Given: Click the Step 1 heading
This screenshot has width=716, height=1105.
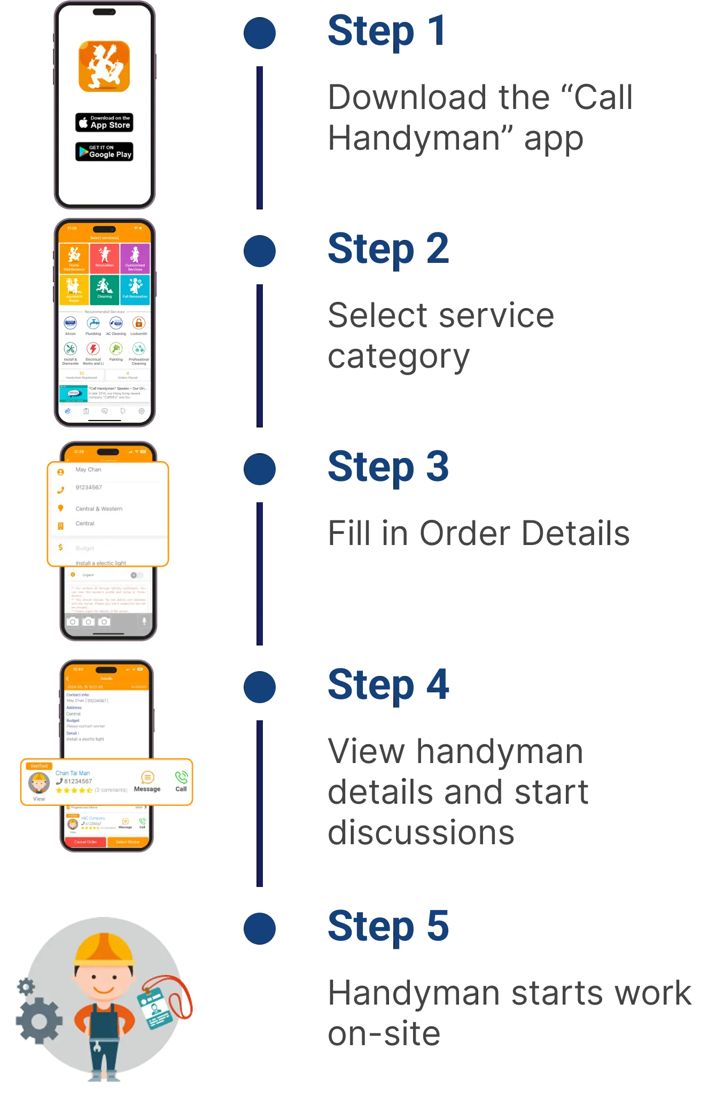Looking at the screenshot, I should pyautogui.click(x=386, y=32).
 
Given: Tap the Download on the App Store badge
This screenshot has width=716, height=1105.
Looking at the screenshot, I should pyautogui.click(x=104, y=122).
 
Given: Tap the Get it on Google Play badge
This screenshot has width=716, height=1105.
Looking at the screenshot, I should pyautogui.click(x=104, y=152).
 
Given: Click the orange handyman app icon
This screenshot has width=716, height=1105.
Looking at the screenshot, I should pyautogui.click(x=104, y=67).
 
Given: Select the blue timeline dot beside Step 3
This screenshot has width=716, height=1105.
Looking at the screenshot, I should pyautogui.click(x=260, y=468).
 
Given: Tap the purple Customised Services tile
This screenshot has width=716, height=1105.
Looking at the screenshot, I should pyautogui.click(x=135, y=259).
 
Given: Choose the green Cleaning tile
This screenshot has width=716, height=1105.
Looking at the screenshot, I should pyautogui.click(x=105, y=289).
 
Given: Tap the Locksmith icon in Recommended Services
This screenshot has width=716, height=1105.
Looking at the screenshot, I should pyautogui.click(x=138, y=323).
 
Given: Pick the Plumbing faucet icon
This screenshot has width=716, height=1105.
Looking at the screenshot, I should pyautogui.click(x=94, y=323).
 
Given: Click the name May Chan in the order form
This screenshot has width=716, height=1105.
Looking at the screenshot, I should pyautogui.click(x=88, y=470).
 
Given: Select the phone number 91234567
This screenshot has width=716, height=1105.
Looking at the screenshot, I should pyautogui.click(x=89, y=487).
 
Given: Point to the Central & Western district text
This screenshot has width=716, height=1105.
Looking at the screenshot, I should pyautogui.click(x=99, y=509).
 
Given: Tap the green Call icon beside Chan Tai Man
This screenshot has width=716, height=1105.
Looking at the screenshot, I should pyautogui.click(x=181, y=778).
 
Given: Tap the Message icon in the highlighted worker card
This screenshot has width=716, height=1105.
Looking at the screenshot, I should pyautogui.click(x=147, y=778).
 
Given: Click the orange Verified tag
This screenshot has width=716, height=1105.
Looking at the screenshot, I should pyautogui.click(x=39, y=766).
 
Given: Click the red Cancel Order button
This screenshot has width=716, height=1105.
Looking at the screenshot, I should pyautogui.click(x=85, y=842).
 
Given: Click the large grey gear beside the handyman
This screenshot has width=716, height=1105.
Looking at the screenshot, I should pyautogui.click(x=38, y=1021).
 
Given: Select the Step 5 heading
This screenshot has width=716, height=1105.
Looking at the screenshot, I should pyautogui.click(x=388, y=927).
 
